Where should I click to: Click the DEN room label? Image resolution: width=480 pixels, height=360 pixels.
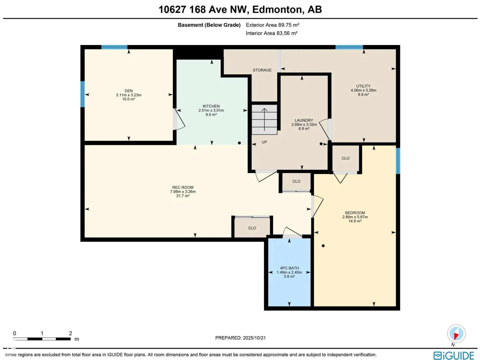[129, 91]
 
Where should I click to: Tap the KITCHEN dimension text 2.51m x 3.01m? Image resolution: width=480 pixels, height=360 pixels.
[211, 110]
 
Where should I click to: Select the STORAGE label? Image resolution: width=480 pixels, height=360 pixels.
[262, 70]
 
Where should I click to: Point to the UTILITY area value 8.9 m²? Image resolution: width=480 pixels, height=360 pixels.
[363, 94]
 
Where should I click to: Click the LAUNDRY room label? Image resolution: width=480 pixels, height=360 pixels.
[304, 120]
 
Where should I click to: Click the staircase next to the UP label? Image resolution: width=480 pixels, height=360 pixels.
[264, 119]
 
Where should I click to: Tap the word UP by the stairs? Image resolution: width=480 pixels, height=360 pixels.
[264, 142]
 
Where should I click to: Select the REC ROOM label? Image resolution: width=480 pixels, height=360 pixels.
[183, 187]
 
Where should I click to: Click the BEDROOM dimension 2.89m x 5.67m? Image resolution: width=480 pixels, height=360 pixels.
[355, 217]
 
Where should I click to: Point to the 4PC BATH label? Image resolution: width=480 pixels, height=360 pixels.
[289, 268]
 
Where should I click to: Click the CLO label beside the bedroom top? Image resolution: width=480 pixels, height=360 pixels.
[346, 158]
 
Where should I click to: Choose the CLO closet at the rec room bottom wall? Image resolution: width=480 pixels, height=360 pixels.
[252, 228]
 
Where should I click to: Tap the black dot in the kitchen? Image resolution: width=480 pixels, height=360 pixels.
[239, 143]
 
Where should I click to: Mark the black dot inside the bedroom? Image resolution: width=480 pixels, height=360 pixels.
[323, 246]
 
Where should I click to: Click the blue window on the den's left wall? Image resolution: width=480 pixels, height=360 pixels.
[82, 94]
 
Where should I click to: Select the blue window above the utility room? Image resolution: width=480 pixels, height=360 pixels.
[349, 47]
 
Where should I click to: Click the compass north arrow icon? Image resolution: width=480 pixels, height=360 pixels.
[456, 334]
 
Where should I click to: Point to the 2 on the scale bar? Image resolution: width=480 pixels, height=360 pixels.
[70, 333]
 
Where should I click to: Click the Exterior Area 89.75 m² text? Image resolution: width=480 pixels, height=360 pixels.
[272, 25]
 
